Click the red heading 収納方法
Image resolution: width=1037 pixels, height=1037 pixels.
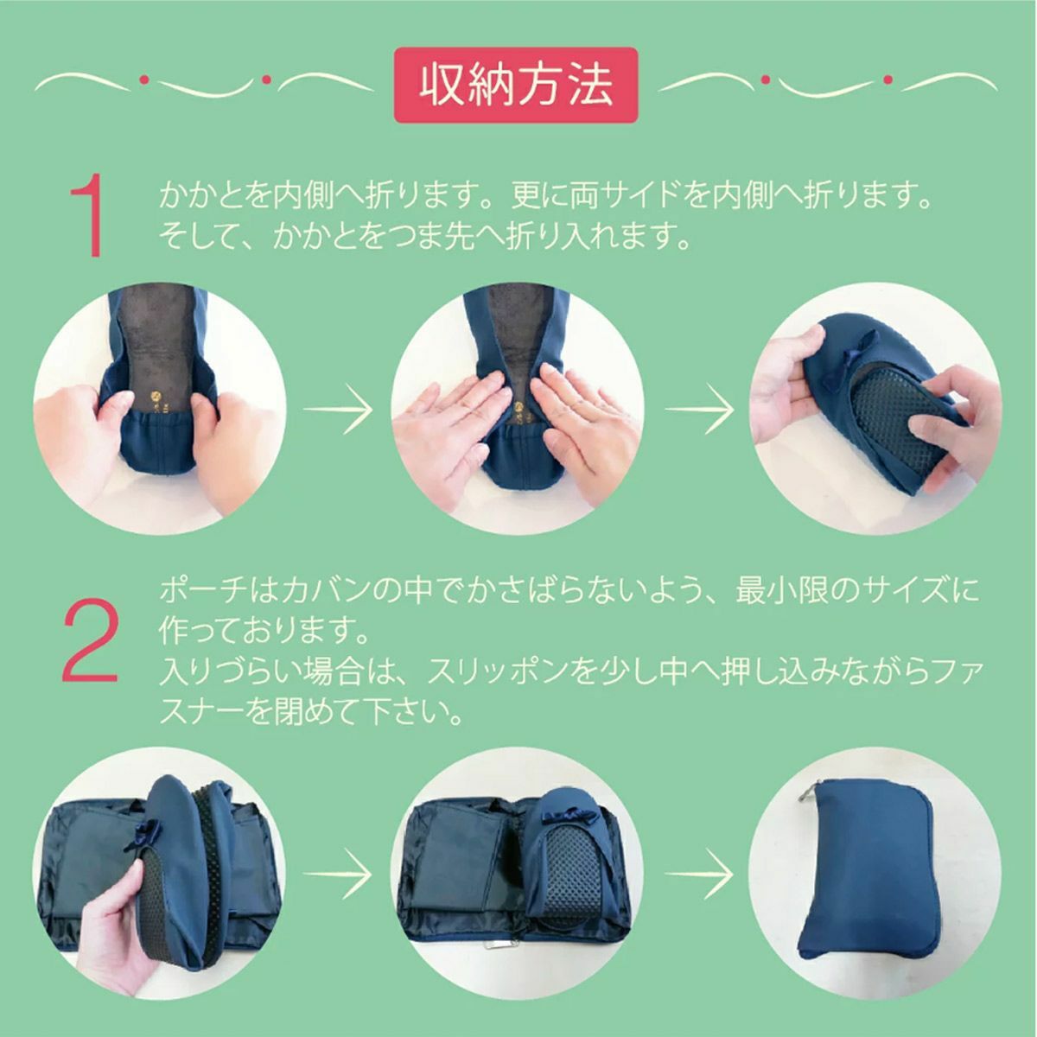click(x=516, y=85)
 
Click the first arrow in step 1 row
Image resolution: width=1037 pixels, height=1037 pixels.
click(x=338, y=409)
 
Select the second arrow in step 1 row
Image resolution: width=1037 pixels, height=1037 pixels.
click(x=700, y=409)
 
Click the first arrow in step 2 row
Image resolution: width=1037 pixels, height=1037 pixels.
click(x=338, y=874)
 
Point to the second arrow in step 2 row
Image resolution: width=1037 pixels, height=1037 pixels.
click(x=700, y=874)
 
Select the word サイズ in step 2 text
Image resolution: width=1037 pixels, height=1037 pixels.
click(x=905, y=591)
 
